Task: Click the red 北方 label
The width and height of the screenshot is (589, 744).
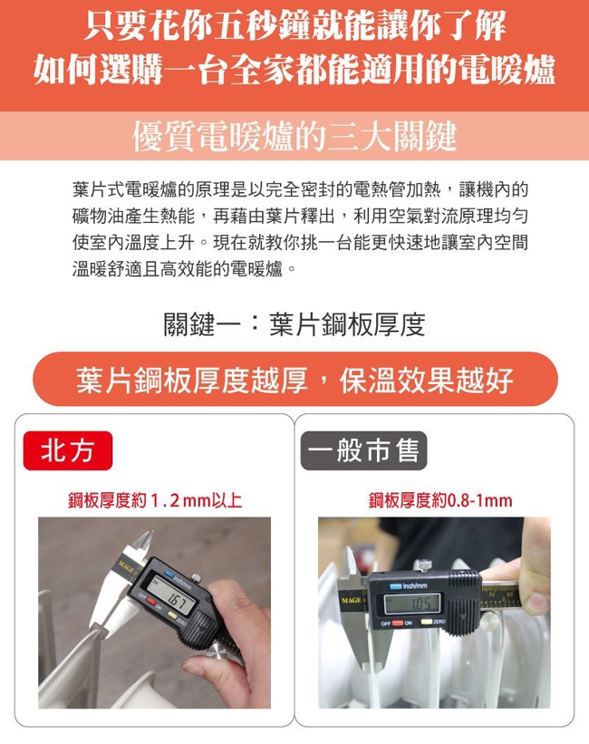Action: pyautogui.click(x=68, y=450)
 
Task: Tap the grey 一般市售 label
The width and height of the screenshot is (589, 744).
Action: pyautogui.click(x=363, y=450)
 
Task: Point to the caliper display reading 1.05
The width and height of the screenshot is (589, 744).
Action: pyautogui.click(x=412, y=603)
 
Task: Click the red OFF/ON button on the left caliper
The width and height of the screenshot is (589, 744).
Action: pyautogui.click(x=151, y=601)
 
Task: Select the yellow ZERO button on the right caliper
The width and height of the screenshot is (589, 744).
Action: pyautogui.click(x=426, y=622)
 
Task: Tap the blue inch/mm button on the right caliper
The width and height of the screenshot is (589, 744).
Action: pyautogui.click(x=396, y=586)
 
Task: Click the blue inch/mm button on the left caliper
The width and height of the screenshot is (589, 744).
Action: pyautogui.click(x=169, y=575)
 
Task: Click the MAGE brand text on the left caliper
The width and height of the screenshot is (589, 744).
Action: pyautogui.click(x=126, y=565)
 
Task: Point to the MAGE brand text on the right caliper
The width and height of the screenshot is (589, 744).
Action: pyautogui.click(x=352, y=600)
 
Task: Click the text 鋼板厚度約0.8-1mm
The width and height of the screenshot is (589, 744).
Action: pyautogui.click(x=440, y=500)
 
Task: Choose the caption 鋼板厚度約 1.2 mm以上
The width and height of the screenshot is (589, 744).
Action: pyautogui.click(x=155, y=500)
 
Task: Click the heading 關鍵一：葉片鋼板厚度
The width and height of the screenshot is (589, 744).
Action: pyautogui.click(x=294, y=324)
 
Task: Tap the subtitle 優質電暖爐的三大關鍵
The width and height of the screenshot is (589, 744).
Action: pyautogui.click(x=294, y=137)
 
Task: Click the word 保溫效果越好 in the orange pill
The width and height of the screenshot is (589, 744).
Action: pyautogui.click(x=426, y=380)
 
